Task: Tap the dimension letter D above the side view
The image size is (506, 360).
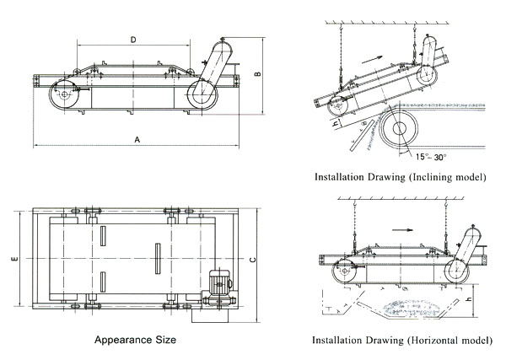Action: pyautogui.click(x=133, y=40)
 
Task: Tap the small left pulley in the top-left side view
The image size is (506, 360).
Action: pyautogui.click(x=64, y=98)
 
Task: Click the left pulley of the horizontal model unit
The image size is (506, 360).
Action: pyautogui.click(x=344, y=273)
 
